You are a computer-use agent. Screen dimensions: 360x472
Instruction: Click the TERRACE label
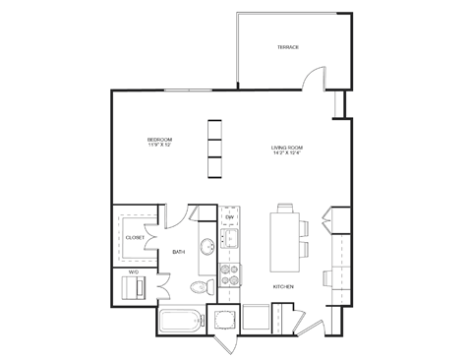point(287,47)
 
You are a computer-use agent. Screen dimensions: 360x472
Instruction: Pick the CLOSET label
point(135,237)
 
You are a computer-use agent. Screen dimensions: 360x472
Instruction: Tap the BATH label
point(178,252)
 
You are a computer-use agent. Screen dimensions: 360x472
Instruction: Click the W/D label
point(134,271)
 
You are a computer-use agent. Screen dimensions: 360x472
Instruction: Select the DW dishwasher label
point(228,216)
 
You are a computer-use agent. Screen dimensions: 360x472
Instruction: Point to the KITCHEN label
point(283,287)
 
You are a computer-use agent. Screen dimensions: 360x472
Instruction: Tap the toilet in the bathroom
point(201,286)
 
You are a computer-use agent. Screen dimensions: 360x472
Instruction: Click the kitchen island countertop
point(287,241)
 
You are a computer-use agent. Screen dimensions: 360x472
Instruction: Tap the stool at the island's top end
point(288,208)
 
